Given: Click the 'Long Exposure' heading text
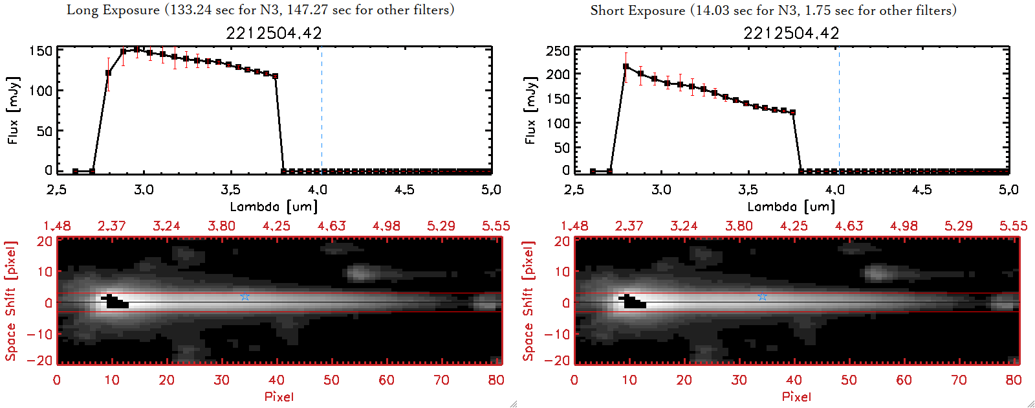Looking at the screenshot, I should tap(113, 10).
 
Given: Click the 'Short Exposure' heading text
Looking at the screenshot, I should tap(637, 10).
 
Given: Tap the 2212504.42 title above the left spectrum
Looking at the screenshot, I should tap(274, 33).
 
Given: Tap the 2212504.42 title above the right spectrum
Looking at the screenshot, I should tap(791, 33).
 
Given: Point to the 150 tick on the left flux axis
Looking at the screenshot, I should tap(41, 51).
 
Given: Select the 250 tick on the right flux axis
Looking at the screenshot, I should tap(558, 51).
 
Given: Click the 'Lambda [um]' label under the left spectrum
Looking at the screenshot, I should tap(274, 207).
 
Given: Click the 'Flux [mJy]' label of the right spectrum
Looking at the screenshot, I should tap(530, 110).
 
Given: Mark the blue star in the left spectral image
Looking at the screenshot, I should tap(245, 297).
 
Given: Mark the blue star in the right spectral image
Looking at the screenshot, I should tap(762, 297).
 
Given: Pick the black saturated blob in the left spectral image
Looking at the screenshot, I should tap(116, 302).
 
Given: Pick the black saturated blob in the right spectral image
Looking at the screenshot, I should tap(633, 302).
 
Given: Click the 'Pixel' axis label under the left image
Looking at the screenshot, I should tap(279, 396).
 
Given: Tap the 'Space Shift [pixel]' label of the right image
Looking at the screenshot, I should tap(528, 301).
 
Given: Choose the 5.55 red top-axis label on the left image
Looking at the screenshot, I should tap(496, 226).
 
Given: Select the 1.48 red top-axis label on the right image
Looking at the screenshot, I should tap(574, 226).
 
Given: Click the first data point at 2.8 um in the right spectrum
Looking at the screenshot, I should tap(626, 67).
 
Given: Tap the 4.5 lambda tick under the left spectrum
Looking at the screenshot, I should tap(404, 190).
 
